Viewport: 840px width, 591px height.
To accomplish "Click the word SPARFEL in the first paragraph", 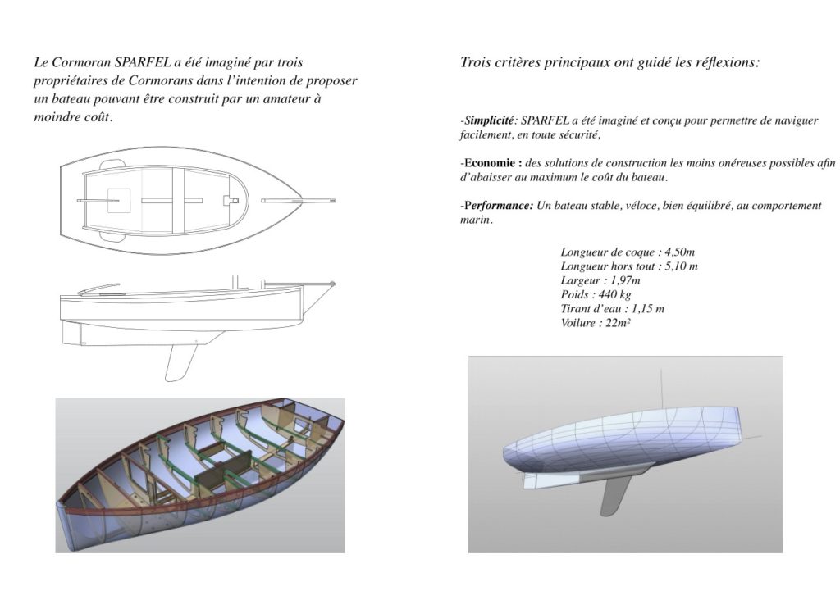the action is tap(143, 62).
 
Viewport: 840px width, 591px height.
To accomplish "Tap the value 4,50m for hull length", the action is tap(679, 252).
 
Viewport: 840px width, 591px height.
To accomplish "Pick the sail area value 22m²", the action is tap(618, 323).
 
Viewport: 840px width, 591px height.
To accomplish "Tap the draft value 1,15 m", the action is tap(648, 309).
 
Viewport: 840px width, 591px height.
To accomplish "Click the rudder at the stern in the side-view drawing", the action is tap(71, 333).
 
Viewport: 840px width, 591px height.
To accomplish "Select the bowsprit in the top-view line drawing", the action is tap(298, 201).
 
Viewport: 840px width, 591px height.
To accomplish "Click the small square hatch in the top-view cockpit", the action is tap(119, 201).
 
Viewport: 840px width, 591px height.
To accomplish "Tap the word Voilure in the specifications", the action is tap(578, 323).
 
